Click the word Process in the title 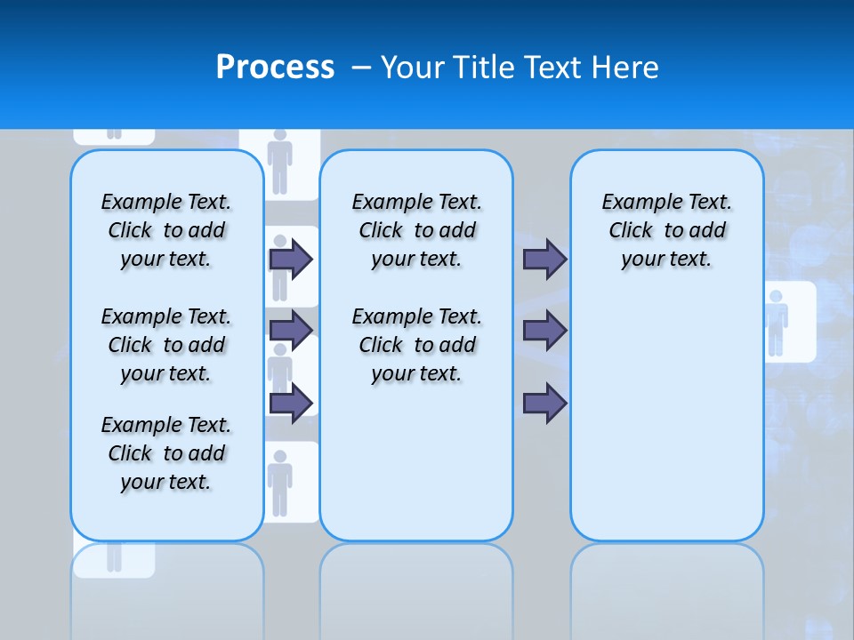click(275, 68)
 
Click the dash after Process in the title click(361, 68)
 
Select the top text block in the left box click(166, 230)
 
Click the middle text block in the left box click(166, 345)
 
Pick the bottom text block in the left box click(166, 453)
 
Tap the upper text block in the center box click(416, 230)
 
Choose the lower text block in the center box click(416, 345)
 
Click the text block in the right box click(666, 230)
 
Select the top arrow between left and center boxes click(291, 259)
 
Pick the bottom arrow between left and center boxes click(291, 403)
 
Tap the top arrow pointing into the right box click(544, 259)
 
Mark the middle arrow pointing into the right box click(544, 331)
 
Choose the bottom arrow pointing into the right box click(544, 403)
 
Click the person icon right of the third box click(777, 322)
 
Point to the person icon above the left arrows click(280, 161)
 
